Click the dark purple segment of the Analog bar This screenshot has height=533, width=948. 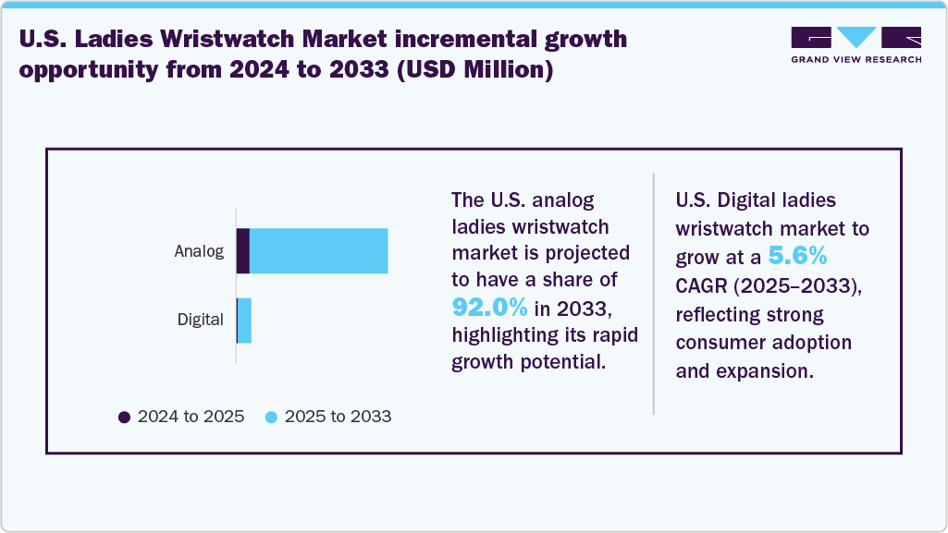click(243, 250)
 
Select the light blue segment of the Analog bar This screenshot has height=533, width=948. click(318, 250)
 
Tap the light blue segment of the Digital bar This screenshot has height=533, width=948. click(245, 321)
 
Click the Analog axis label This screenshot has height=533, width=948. click(199, 251)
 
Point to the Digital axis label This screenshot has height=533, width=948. click(201, 321)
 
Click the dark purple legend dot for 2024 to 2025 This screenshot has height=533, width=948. click(125, 417)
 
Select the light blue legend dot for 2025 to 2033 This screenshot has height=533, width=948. click(271, 417)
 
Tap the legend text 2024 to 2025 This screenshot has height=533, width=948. click(191, 417)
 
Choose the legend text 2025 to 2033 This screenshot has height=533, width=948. click(338, 417)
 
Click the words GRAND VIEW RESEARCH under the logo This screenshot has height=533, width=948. click(856, 59)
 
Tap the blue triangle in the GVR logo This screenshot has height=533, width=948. click(856, 37)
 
